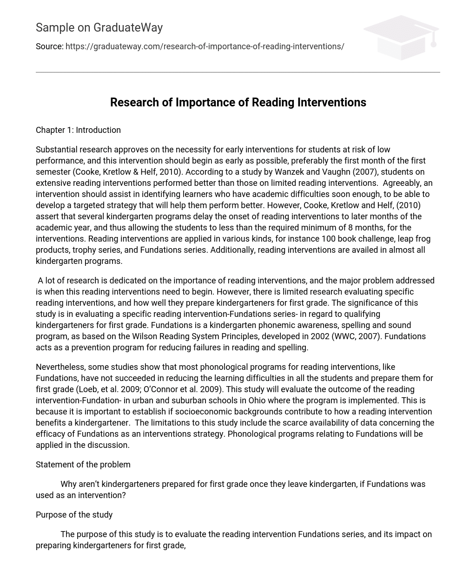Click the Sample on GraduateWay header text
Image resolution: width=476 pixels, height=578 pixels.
pyautogui.click(x=99, y=28)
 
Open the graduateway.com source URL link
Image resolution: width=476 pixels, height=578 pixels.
pyautogui.click(x=205, y=46)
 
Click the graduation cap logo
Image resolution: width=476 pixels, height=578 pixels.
pyautogui.click(x=400, y=37)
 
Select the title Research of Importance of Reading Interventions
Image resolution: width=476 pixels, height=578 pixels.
pyautogui.click(x=238, y=103)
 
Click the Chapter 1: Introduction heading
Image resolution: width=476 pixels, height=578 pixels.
pyautogui.click(x=78, y=130)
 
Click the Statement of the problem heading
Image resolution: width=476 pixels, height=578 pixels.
pyautogui.click(x=83, y=465)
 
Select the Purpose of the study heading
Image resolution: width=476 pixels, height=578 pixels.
pyautogui.click(x=74, y=515)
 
